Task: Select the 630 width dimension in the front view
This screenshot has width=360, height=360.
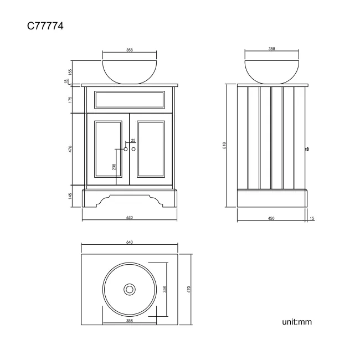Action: coord(129,218)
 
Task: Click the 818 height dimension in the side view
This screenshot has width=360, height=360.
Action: coord(224,145)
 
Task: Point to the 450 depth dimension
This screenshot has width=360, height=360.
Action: coord(271,218)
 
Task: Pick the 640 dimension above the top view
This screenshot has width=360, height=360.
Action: coord(129,243)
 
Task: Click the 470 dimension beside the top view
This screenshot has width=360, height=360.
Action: coord(189,289)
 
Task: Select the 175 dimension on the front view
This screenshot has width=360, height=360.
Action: coord(71,100)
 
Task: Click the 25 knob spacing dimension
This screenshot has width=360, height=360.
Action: coord(133,141)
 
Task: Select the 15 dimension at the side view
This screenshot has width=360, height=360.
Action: coord(312,218)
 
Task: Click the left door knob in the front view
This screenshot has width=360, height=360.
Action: coord(126,149)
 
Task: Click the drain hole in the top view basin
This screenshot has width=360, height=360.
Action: coord(130,289)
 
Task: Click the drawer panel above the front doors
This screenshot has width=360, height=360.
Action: coord(129,100)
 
